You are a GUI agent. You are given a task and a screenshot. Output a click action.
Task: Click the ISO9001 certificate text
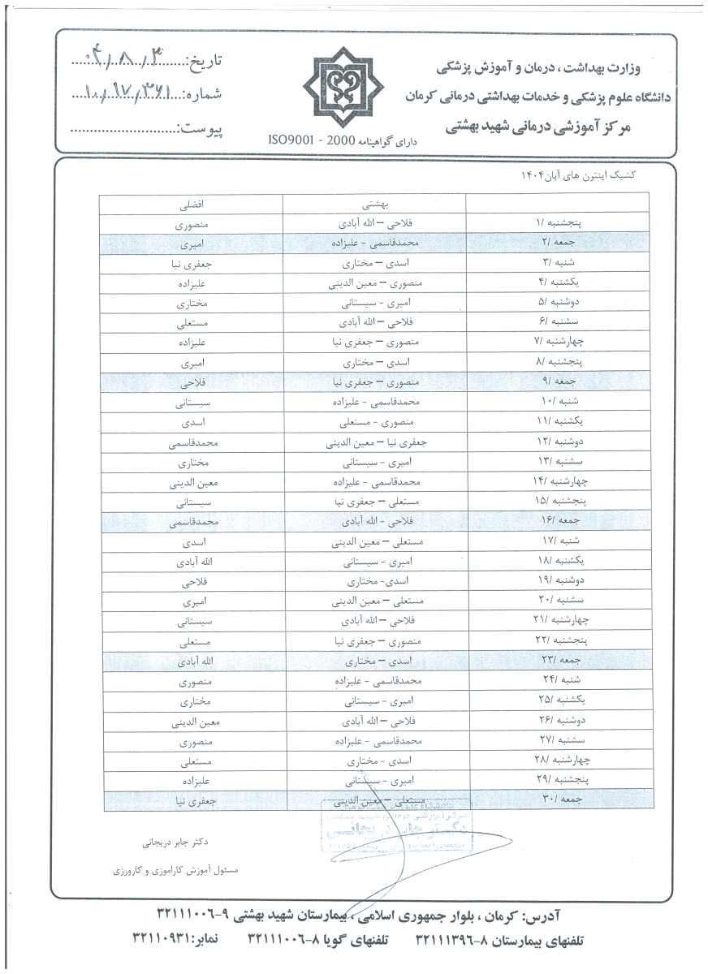tap(335, 140)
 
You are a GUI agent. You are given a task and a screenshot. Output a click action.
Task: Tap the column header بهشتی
tap(374, 203)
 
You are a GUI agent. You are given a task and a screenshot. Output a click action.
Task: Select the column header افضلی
tap(191, 203)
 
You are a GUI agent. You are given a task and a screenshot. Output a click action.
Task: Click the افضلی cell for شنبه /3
tap(191, 261)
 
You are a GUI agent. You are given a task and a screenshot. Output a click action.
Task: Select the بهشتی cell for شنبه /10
tap(374, 402)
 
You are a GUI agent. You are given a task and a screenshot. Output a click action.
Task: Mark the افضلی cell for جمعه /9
tap(191, 381)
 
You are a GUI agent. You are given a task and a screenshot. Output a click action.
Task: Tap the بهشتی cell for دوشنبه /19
tap(374, 583)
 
